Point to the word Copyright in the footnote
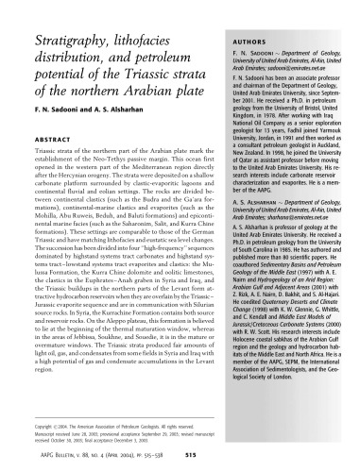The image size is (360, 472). point(31,426)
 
